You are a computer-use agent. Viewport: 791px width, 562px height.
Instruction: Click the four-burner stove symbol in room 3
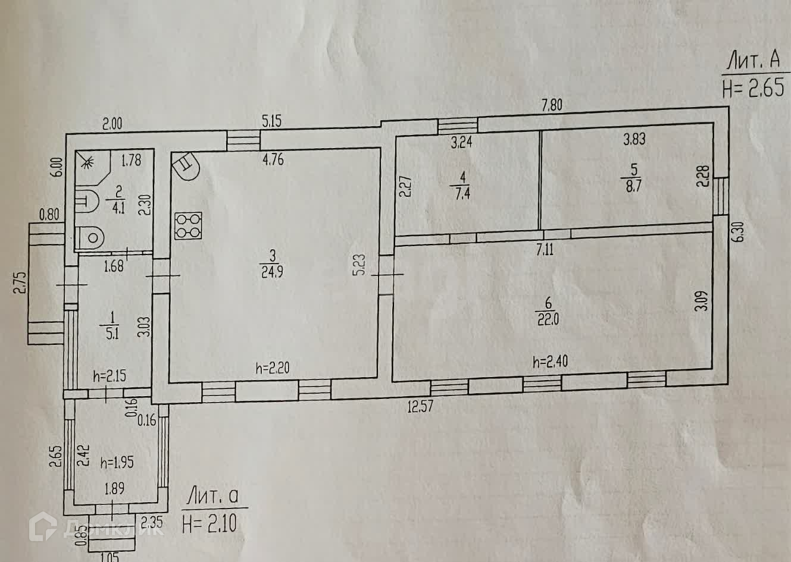point(188,225)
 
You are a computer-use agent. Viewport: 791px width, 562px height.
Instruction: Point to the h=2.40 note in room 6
point(550,362)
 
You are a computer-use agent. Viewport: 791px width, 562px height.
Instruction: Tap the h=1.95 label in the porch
point(117,461)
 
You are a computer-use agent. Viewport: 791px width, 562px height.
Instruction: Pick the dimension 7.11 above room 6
point(545,250)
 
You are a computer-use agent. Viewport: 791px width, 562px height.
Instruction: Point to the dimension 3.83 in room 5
point(634,139)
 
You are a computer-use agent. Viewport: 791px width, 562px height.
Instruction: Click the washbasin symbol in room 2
point(87,200)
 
